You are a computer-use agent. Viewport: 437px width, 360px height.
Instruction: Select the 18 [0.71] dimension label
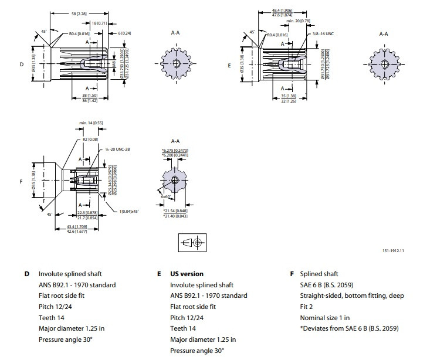point(100,22)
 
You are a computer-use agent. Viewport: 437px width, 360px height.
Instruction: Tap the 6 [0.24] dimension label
point(124,33)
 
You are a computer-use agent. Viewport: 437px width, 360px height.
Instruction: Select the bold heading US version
point(187,274)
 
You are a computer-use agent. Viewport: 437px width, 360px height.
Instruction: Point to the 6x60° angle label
point(165,197)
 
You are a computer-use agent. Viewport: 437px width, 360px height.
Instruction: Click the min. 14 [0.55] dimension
point(91,123)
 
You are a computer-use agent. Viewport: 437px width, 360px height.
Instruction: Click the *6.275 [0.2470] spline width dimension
point(175,150)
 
